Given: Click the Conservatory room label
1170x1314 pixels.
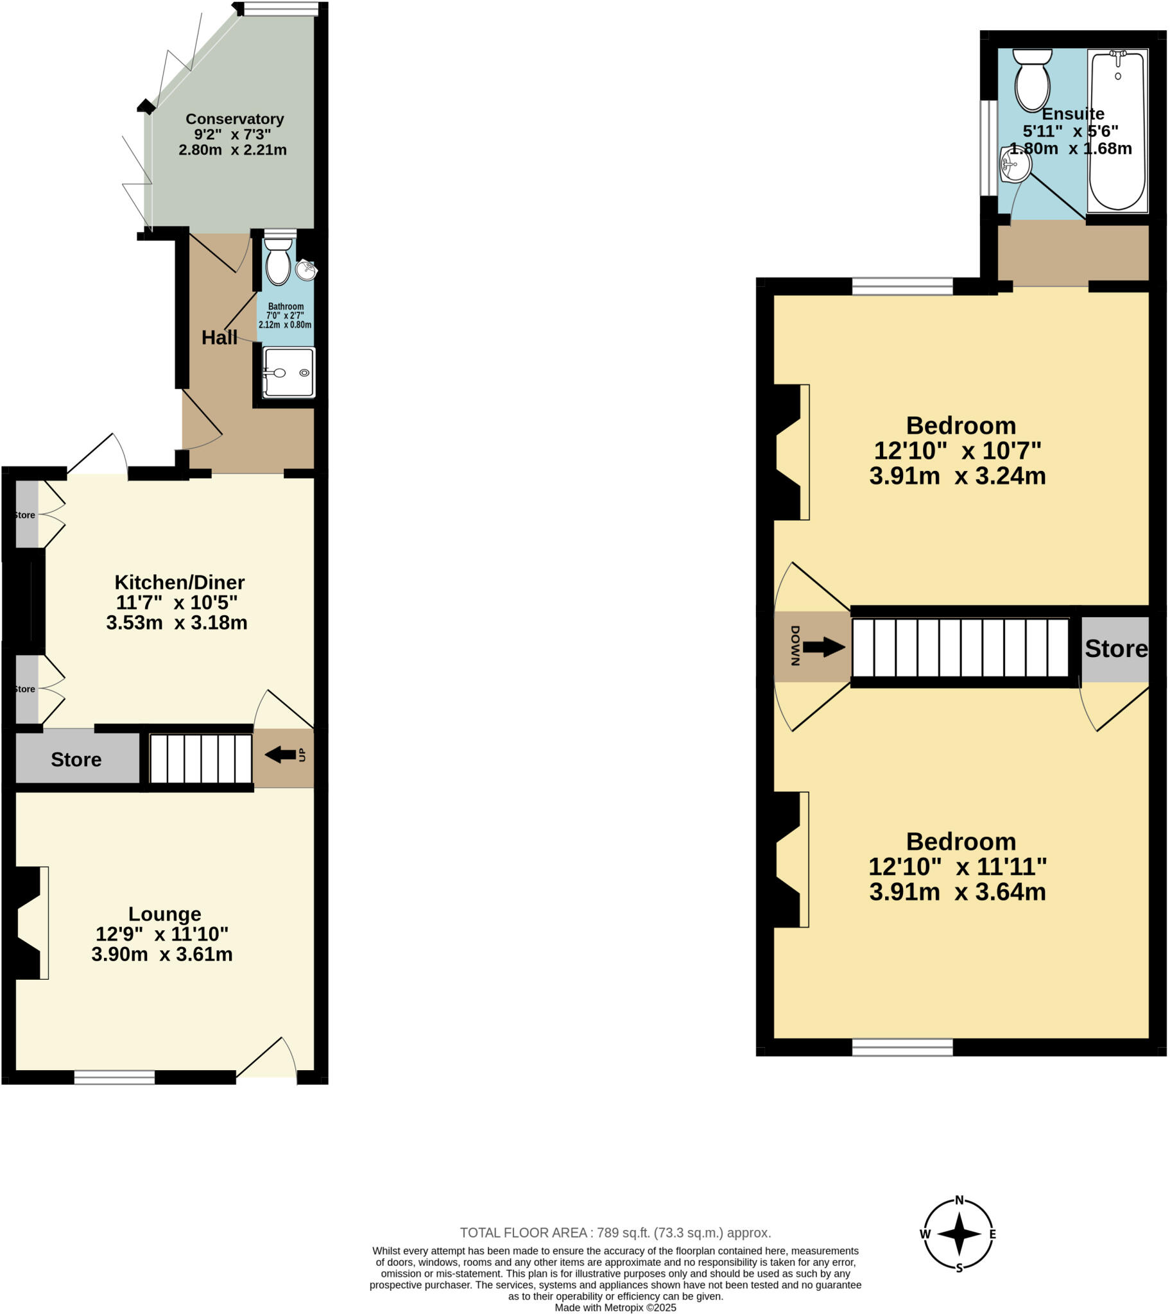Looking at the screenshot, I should [x=234, y=119].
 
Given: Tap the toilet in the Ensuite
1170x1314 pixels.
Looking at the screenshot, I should [x=1032, y=83].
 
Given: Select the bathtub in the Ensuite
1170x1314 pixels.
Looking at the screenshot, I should [x=1117, y=132].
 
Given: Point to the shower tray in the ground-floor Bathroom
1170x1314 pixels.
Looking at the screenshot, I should [x=289, y=372].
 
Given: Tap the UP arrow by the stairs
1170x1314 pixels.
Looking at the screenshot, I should [x=281, y=755].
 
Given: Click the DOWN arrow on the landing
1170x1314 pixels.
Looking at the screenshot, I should [x=823, y=647].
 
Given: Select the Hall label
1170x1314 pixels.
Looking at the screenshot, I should [x=219, y=337].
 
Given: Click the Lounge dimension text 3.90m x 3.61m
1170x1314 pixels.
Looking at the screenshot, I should [x=162, y=954].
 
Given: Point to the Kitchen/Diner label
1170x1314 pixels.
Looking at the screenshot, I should [x=180, y=583].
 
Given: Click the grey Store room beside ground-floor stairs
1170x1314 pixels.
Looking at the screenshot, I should [x=76, y=759].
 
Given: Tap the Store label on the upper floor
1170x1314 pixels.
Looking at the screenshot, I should [x=1115, y=649].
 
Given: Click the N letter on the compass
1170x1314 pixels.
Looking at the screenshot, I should [x=959, y=1200].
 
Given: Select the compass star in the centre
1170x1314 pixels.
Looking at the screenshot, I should [x=958, y=1234].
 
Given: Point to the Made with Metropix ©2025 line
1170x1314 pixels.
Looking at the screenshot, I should [x=615, y=1308].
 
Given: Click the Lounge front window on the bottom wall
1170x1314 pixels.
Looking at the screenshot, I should [x=114, y=1077].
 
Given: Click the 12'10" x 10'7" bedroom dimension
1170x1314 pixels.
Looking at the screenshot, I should [x=956, y=450].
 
